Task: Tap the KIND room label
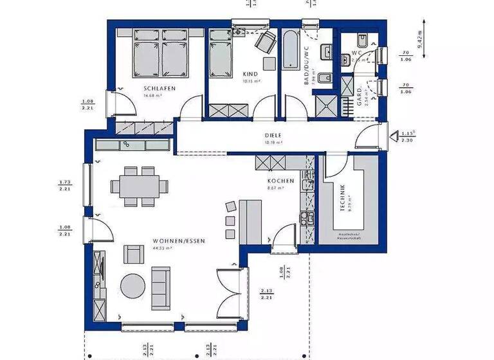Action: [250, 74]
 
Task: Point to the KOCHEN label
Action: [281, 181]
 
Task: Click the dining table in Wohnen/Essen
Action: [138, 186]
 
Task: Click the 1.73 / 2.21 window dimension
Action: [64, 186]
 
